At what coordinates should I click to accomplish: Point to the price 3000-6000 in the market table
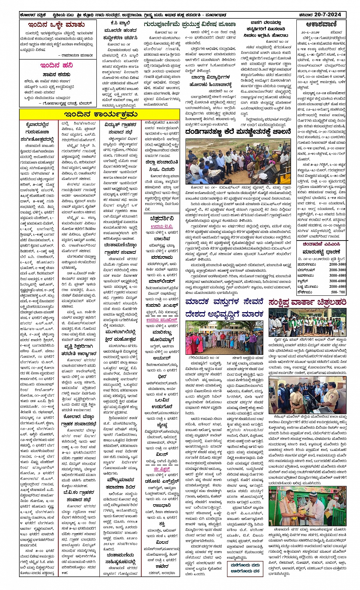(x=337, y=281)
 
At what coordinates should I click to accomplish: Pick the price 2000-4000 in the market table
(x=337, y=286)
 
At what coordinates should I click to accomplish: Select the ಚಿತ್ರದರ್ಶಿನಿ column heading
(x=162, y=218)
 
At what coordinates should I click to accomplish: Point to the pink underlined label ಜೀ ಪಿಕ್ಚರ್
(x=162, y=469)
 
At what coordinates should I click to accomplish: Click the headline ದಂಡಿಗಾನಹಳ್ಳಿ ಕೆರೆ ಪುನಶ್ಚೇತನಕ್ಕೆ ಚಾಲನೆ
(x=239, y=132)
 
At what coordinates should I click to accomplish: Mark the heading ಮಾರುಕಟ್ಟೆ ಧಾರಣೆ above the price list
(x=321, y=252)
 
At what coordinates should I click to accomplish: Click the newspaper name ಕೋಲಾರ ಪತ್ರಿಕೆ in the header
(x=34, y=15)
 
